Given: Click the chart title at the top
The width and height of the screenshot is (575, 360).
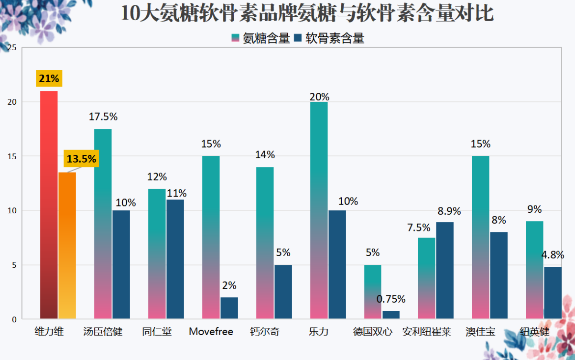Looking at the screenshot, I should (306, 14).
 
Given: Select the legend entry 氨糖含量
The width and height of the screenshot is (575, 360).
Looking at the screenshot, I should (260, 39).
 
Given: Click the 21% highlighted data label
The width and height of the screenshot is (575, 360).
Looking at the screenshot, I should (48, 78).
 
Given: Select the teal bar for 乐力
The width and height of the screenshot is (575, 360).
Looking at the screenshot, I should (319, 210).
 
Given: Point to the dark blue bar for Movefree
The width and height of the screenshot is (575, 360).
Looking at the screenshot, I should (229, 308).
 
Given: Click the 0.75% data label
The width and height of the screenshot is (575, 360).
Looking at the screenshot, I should (391, 299).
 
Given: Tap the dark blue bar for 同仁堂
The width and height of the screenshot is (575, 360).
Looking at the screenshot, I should (175, 259).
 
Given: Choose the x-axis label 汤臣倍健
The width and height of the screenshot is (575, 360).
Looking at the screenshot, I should (103, 331).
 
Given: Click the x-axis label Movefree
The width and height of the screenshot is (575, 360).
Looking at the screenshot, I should (211, 331).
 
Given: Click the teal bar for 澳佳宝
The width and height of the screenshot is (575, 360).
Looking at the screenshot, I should (480, 237).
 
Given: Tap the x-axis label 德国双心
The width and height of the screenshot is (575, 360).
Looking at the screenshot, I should (373, 331).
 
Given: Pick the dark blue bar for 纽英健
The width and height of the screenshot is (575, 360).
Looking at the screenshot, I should (553, 293).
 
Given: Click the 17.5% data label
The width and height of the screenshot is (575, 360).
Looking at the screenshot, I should (103, 117).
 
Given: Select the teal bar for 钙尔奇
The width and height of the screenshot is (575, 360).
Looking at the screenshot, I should (265, 242).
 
